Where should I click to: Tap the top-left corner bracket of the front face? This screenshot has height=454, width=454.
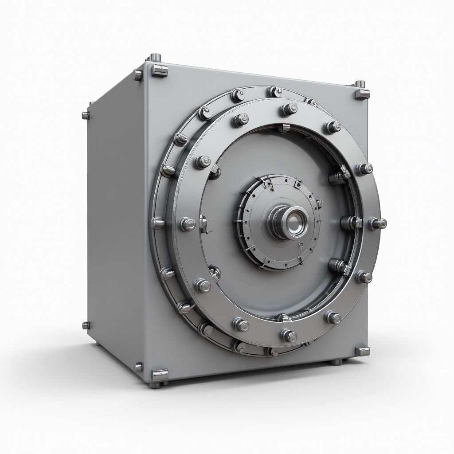pyautogui.click(x=160, y=70)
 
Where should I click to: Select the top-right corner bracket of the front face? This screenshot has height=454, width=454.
pyautogui.click(x=362, y=94)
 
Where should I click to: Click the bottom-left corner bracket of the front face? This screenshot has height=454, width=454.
pyautogui.click(x=160, y=375)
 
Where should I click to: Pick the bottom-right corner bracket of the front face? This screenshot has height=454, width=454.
pyautogui.click(x=362, y=351)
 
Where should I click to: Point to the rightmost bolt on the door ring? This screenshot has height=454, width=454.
pyautogui.click(x=378, y=223)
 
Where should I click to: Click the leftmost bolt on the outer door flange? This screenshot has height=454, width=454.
pyautogui.click(x=157, y=223)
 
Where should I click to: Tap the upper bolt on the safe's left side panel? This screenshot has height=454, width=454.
pyautogui.click(x=86, y=115)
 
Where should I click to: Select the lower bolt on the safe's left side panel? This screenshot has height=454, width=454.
pyautogui.click(x=86, y=325)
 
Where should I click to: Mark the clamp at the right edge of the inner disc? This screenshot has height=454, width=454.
pyautogui.click(x=350, y=223)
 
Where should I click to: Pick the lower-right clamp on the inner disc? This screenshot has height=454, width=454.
pyautogui.click(x=340, y=266)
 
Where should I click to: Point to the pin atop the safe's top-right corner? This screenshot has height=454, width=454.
pyautogui.click(x=360, y=84)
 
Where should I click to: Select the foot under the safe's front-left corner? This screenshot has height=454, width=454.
pyautogui.click(x=155, y=384)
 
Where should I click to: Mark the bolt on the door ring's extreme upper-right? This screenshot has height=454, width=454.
pyautogui.click(x=364, y=169)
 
